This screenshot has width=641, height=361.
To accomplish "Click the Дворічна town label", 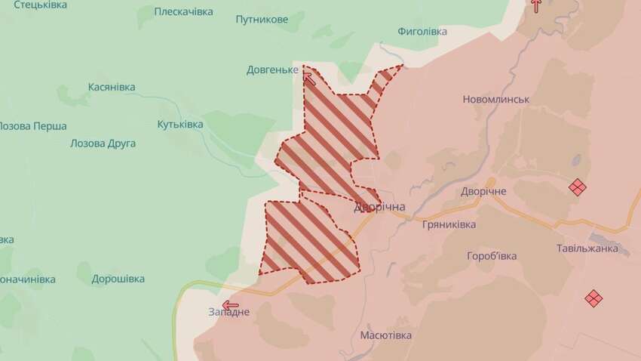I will pos(380,207).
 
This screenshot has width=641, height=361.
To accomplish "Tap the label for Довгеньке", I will pos(272,70).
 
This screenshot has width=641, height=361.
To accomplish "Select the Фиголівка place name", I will pos(422,32).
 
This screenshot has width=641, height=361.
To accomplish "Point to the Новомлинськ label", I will pos(496,100).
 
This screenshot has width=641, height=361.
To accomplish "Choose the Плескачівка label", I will pos(183,12).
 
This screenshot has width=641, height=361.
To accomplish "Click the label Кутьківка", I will pos(180,124).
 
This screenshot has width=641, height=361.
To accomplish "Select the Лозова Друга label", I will pos(103,143).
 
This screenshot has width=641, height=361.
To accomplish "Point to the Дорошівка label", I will pos(118,279).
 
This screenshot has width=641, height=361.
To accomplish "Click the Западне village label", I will pos(229,313).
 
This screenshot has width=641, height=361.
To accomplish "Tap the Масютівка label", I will pos(386,335).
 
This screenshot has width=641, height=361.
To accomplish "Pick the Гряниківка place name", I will pos(449,225).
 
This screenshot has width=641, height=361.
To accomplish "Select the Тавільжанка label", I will pos(587,248).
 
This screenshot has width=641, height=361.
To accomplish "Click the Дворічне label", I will pos(483,191).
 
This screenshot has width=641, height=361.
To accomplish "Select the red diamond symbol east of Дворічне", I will pos(578,187).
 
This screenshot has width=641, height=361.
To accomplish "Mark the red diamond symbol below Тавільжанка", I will pos(593,298).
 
